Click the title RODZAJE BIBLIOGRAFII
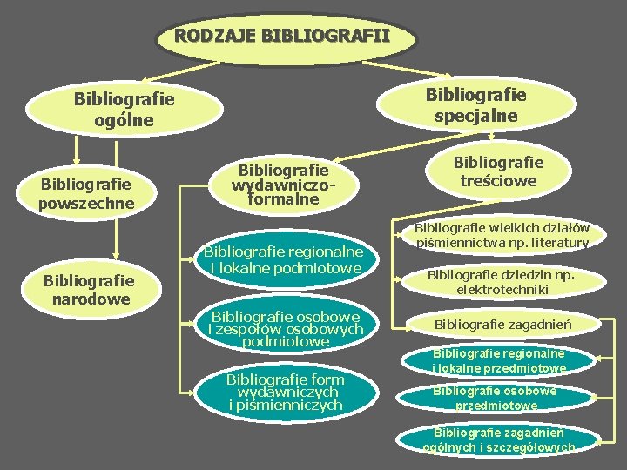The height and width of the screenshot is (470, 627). tap(281, 37)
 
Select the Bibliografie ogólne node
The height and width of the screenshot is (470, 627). tap(125, 109)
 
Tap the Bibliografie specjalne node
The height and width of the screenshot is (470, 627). tap(475, 104)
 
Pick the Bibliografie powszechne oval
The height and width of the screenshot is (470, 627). tap(85, 193)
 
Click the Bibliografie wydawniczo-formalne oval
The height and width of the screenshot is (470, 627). tap(284, 185)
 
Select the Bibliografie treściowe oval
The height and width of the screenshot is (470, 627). tap(498, 171)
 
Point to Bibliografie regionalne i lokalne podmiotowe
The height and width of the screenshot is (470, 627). tap(283, 259)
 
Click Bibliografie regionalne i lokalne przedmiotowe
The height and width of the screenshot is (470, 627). tap(499, 360)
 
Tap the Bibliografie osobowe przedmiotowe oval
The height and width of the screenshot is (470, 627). tap(497, 398)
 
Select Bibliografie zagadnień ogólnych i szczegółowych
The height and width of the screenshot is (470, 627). tap(499, 440)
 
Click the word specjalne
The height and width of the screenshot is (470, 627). tap(475, 116)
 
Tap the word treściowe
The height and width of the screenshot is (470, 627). tap(498, 180)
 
